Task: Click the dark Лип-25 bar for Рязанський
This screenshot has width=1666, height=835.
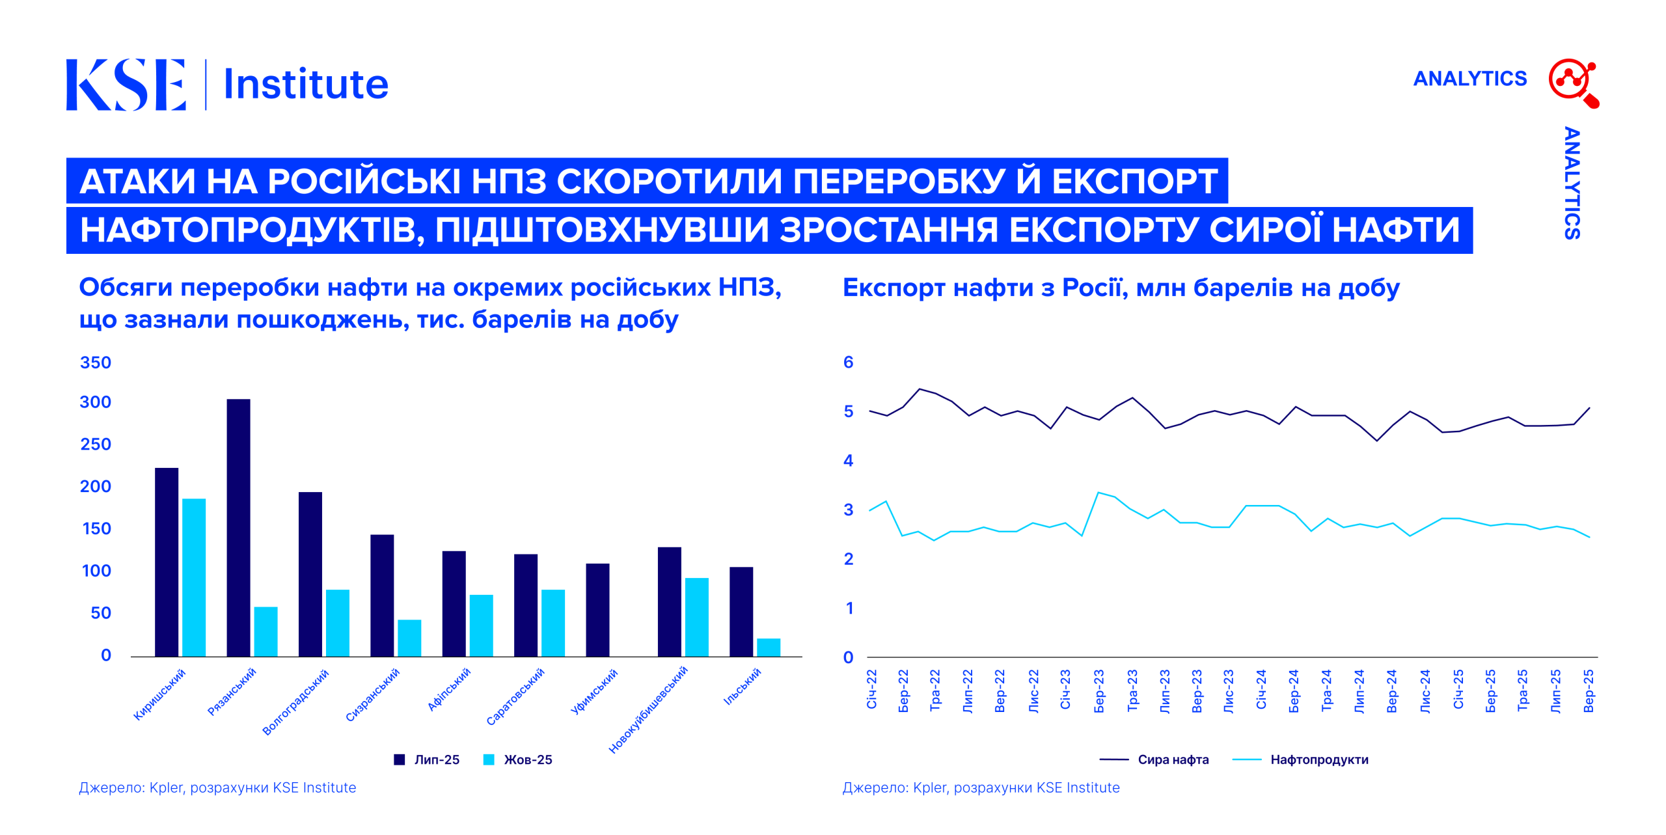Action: pos(238,527)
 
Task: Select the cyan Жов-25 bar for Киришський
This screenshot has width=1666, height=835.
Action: pos(194,577)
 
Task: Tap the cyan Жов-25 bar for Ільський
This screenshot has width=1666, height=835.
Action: pos(768,647)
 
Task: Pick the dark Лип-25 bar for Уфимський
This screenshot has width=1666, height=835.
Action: pos(597,610)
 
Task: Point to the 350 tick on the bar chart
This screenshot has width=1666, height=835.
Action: pos(95,363)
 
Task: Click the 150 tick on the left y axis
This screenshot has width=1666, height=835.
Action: pos(96,528)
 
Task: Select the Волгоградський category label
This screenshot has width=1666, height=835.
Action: pos(296,702)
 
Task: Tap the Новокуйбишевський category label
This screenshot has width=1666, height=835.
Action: pos(648,709)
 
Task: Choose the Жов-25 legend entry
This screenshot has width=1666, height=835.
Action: pos(518,760)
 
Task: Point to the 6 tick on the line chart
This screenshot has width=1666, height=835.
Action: pos(848,363)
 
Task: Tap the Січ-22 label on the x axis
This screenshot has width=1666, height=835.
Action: pos(871,689)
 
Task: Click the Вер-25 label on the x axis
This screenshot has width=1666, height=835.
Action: pos(1589,691)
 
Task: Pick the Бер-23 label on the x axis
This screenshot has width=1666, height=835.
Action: pos(1099,691)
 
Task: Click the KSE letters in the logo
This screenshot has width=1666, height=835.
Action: pos(126,85)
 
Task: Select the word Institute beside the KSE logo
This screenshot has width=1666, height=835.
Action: pos(306,85)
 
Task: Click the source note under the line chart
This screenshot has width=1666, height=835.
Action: pos(981,787)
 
